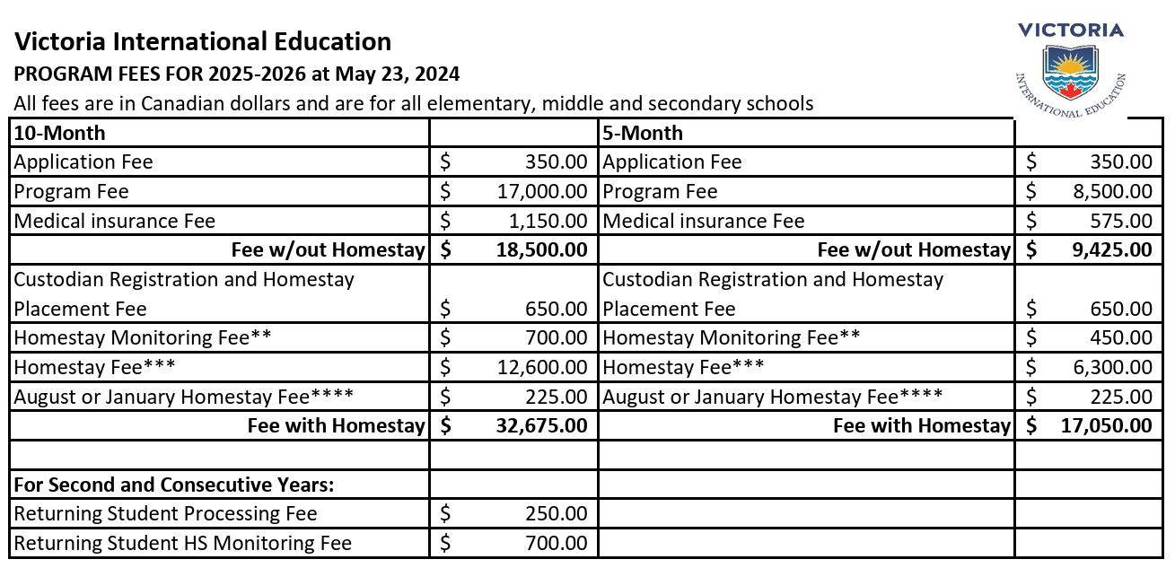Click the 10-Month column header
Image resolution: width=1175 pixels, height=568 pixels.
point(59,133)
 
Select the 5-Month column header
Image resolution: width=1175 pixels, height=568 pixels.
point(643,133)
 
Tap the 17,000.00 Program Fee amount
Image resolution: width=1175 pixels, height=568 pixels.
point(542,191)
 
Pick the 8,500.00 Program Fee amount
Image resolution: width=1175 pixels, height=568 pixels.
point(1113,191)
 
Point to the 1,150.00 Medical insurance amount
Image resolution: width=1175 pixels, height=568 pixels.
point(548,221)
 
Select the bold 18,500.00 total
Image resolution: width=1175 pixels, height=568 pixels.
point(542,250)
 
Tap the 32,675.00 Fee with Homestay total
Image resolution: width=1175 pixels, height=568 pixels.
point(542,426)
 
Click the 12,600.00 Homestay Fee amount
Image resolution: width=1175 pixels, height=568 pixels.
point(542,367)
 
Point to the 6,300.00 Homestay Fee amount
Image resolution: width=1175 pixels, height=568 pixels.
point(1113,367)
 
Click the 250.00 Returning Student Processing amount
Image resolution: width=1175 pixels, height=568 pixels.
point(557,513)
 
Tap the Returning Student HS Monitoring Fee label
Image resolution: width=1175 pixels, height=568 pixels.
point(183,543)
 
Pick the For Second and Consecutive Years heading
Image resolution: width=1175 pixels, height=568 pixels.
point(174,485)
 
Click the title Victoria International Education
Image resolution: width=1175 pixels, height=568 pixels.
point(203,42)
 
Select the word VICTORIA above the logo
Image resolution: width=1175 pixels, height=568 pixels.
point(1070,31)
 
